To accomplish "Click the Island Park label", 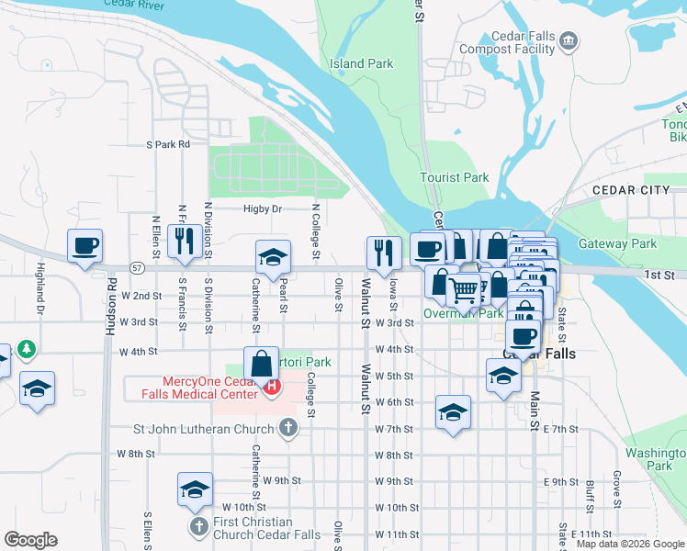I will tap(361, 63).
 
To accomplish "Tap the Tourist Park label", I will tap(454, 177).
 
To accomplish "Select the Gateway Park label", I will tap(617, 244).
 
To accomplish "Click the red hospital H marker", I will tap(272, 388).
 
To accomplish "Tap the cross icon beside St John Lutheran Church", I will tap(288, 428).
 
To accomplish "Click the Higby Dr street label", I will tap(262, 209).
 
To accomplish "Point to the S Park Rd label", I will tap(168, 144).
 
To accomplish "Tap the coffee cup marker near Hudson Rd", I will tap(85, 246).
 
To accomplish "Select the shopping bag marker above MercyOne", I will tap(262, 362).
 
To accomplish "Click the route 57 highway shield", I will tap(137, 268).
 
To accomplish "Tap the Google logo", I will tap(30, 540).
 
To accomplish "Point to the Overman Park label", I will tap(462, 313).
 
